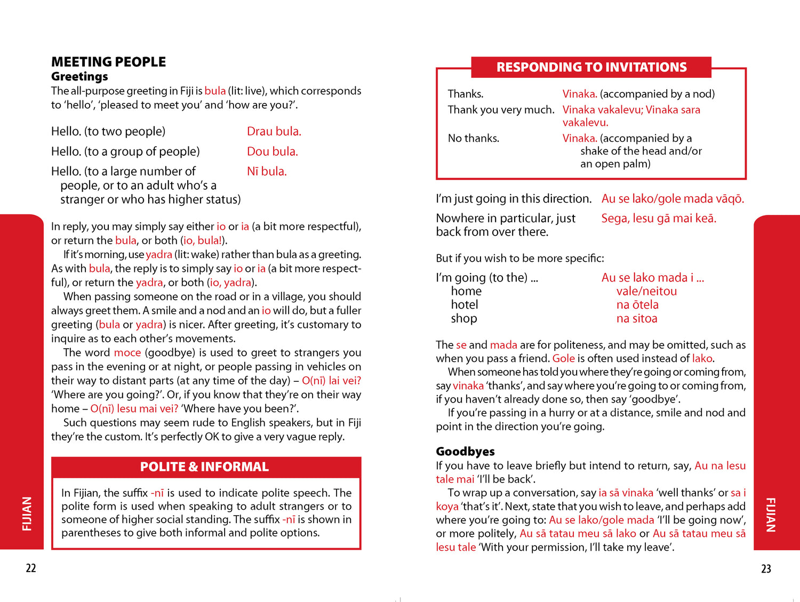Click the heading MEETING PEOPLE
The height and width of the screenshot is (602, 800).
tap(108, 62)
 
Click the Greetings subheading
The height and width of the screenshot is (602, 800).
tap(79, 77)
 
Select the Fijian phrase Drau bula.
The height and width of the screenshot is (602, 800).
tap(274, 131)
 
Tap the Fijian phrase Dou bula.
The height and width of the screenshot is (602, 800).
tap(272, 151)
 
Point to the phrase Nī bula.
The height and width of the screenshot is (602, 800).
tap(267, 171)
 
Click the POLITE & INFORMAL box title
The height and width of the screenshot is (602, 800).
tap(204, 467)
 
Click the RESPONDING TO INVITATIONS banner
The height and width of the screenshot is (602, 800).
tap(591, 67)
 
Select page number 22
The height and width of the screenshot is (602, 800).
tap(31, 568)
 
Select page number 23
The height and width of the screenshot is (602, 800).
tap(766, 569)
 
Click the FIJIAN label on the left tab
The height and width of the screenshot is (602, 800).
tap(27, 513)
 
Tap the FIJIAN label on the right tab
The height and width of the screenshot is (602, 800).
tap(771, 515)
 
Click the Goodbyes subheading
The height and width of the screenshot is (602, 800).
tap(465, 452)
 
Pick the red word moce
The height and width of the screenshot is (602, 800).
tap(127, 352)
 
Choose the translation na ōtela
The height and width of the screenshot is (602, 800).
tap(637, 305)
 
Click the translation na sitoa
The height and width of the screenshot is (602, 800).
tap(637, 319)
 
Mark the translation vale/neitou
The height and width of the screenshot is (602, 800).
tap(646, 291)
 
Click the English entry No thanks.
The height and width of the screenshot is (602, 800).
tap(473, 139)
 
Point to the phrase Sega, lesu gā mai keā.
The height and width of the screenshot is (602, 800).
tap(659, 218)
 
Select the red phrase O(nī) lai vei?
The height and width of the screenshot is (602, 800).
tap(331, 381)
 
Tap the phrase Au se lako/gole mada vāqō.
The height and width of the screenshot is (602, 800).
tap(673, 199)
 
